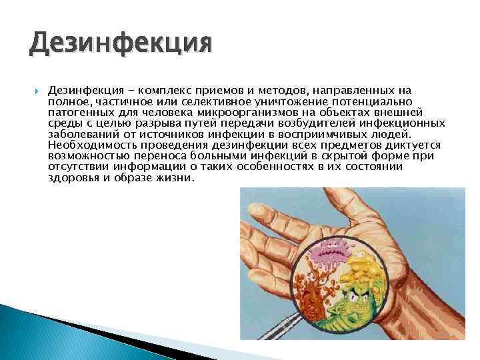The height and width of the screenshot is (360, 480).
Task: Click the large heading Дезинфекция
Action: click(x=120, y=45)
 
